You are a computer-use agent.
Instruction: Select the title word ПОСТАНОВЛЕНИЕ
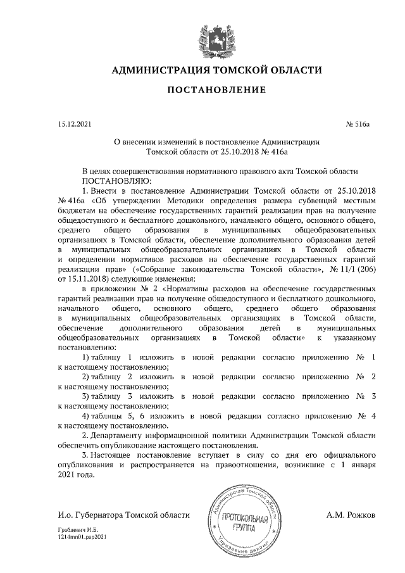click(x=216, y=92)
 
